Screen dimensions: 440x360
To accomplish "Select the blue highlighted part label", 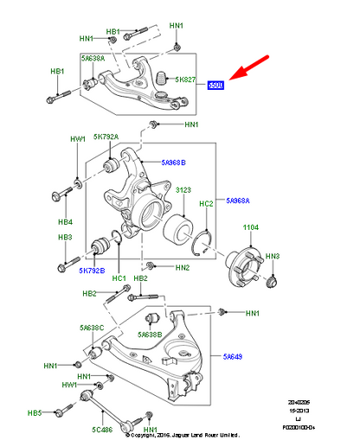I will [216, 86].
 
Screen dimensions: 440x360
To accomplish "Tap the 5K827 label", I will [187, 80].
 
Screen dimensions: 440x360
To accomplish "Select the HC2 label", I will [206, 204].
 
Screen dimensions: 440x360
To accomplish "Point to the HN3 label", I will [273, 256].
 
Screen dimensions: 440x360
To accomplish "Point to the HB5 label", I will [58, 413].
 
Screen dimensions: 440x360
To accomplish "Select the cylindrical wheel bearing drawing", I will [183, 228].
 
